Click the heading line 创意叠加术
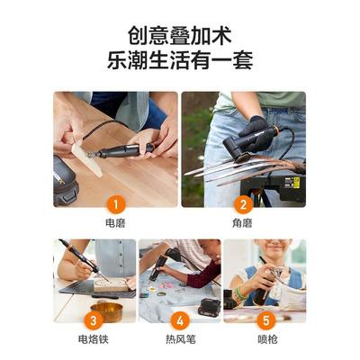[x=179, y=37]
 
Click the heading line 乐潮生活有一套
[x=179, y=61]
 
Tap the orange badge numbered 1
[x=115, y=202]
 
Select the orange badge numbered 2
[x=243, y=202]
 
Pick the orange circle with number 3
[x=94, y=319]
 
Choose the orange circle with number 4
[x=179, y=319]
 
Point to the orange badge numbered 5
[x=264, y=319]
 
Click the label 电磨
[x=115, y=220]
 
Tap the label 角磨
[x=243, y=220]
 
